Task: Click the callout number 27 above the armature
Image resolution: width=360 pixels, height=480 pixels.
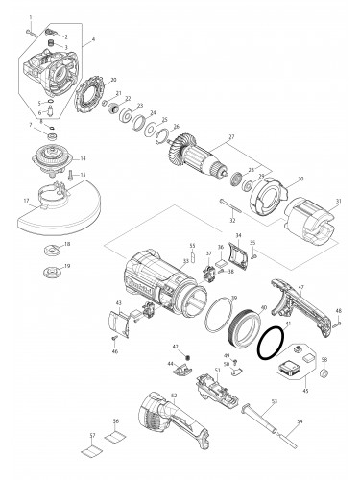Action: [x=230, y=138]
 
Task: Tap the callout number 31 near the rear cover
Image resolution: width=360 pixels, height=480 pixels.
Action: [x=338, y=201]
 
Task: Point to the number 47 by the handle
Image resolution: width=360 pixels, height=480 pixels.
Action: [x=300, y=287]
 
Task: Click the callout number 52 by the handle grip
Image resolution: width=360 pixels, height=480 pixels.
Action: [x=173, y=395]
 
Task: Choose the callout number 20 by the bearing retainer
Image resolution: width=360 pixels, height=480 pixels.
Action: [x=113, y=80]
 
